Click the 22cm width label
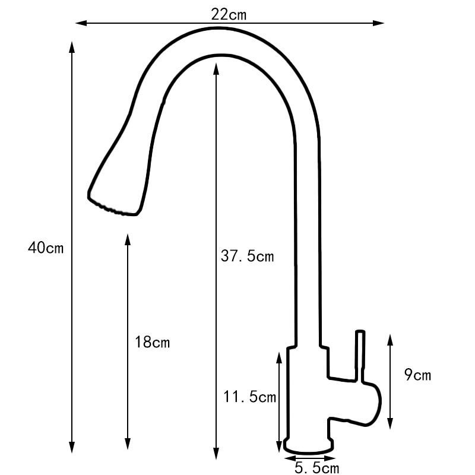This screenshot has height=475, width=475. click(229, 14)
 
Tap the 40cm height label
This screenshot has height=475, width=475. click(45, 248)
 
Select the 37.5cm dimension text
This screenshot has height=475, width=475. click(248, 256)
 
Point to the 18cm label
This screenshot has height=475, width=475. click(153, 343)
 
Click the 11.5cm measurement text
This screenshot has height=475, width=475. click(250, 397)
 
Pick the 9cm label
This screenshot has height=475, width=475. click(417, 375)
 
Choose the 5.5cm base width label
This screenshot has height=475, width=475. click(317, 468)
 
